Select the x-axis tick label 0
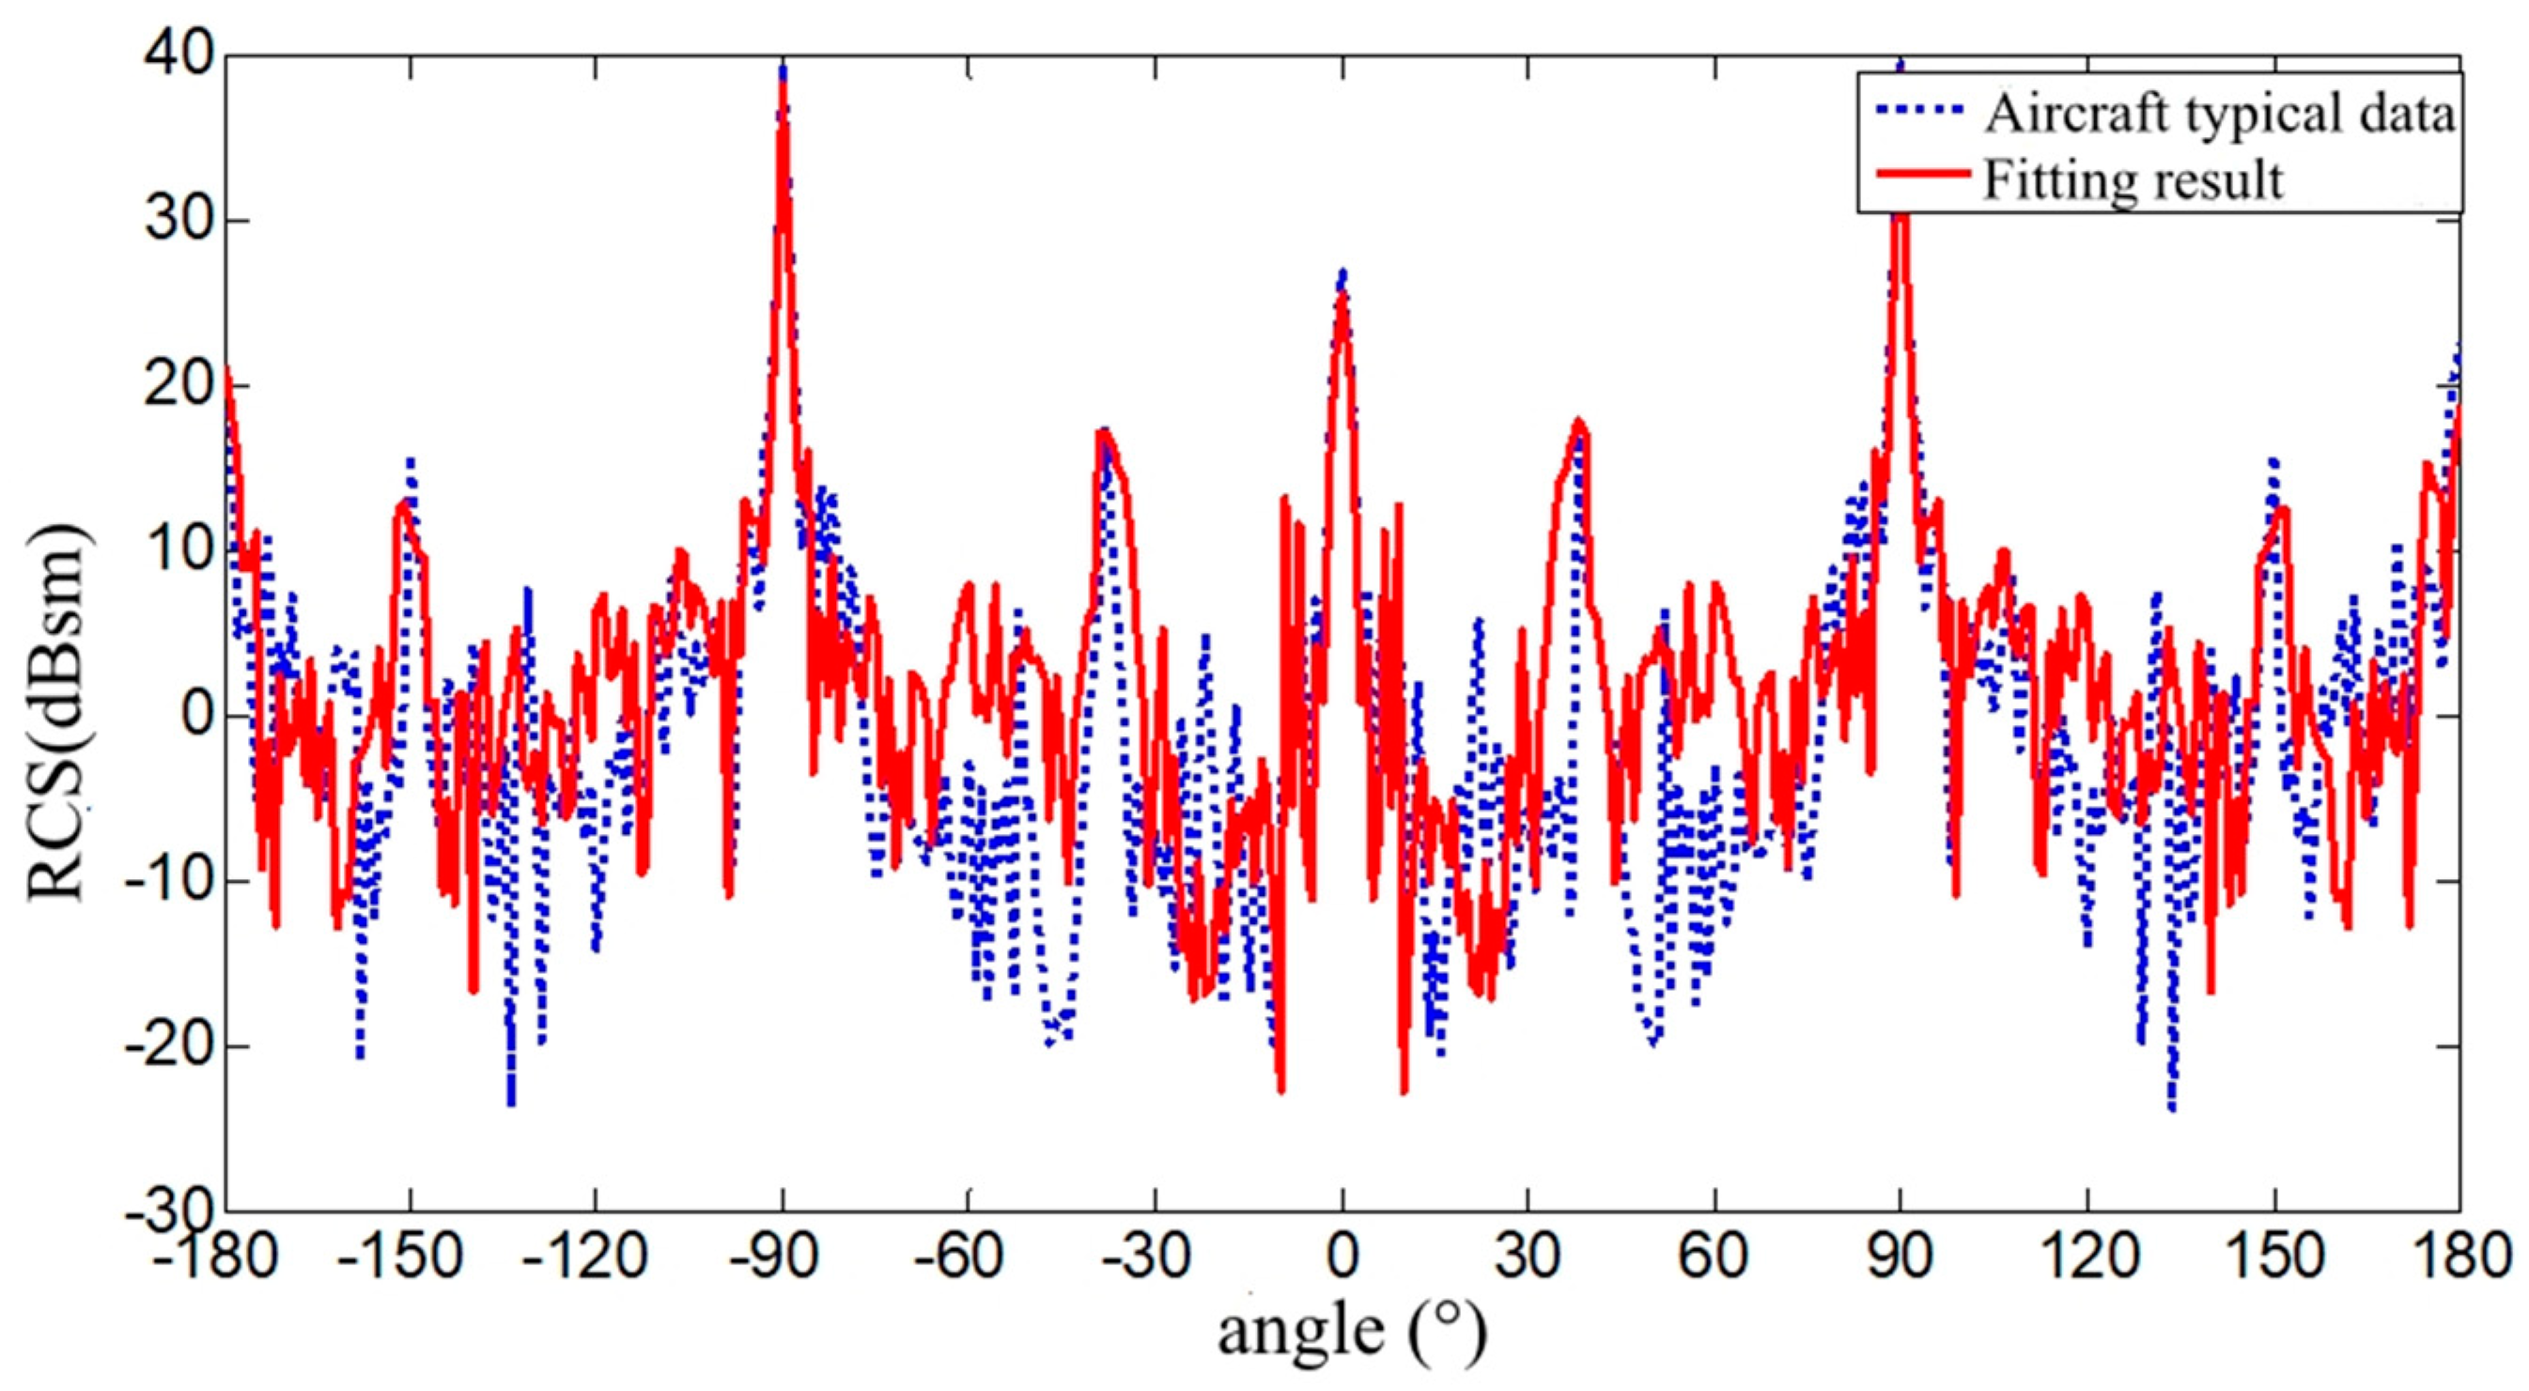click(x=1342, y=1259)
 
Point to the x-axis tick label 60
click(x=1714, y=1259)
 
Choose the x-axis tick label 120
click(x=2087, y=1259)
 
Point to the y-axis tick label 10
click(x=176, y=551)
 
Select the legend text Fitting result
click(x=2133, y=179)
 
